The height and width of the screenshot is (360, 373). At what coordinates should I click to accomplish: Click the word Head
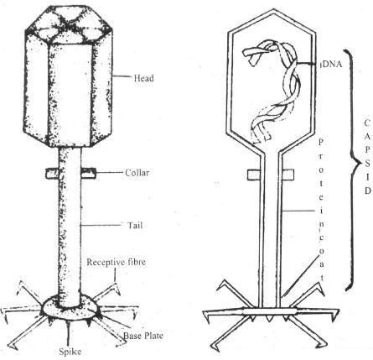[144, 77]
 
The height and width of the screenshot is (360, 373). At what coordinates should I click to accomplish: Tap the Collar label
[137, 173]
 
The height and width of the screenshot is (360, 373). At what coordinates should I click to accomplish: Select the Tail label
[135, 225]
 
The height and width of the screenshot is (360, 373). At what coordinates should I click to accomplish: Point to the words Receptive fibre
[116, 262]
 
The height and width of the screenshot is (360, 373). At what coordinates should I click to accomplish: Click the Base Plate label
[143, 336]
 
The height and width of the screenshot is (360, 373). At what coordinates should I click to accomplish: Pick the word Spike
[70, 352]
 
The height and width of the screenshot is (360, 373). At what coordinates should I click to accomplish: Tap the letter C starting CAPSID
[367, 123]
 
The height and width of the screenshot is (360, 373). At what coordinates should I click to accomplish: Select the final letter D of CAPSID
[368, 190]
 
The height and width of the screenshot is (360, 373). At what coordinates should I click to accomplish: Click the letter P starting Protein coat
[321, 142]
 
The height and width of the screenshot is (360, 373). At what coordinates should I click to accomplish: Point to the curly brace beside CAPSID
[351, 170]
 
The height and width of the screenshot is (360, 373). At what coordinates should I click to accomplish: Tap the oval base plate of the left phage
[70, 308]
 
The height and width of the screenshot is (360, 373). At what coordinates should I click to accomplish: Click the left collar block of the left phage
[52, 173]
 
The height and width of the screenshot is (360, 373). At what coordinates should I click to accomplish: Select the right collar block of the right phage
[288, 175]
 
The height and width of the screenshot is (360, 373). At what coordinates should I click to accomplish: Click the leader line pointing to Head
[122, 76]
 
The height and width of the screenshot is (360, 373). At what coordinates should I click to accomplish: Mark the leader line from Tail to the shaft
[101, 225]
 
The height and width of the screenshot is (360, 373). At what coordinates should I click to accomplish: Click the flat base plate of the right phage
[270, 311]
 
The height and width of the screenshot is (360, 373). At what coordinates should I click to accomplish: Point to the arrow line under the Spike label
[68, 333]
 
